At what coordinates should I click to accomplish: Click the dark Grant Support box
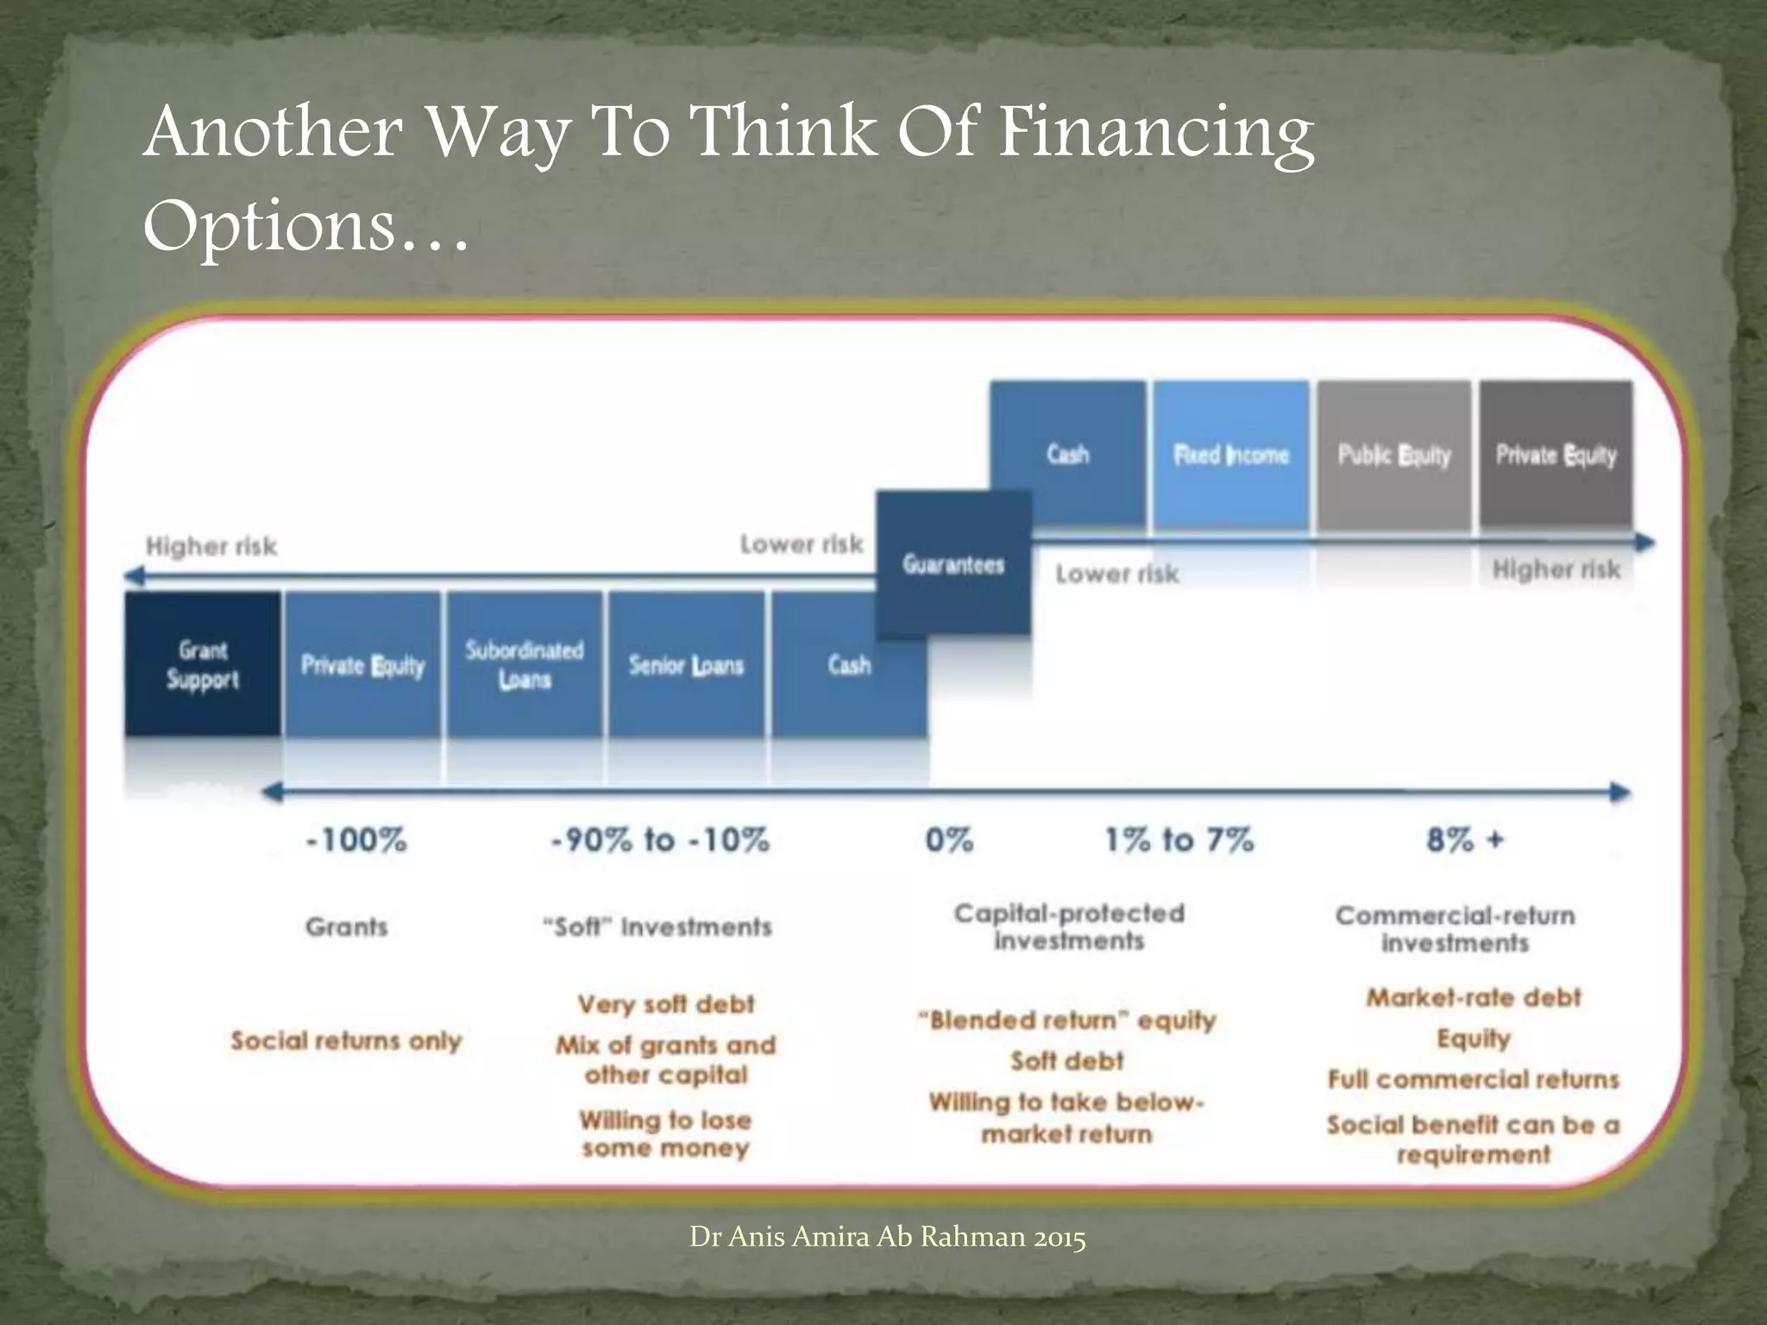coord(202,664)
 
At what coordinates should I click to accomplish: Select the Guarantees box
coord(953,564)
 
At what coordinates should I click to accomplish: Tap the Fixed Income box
coord(1231,455)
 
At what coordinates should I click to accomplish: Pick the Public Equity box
coord(1394,455)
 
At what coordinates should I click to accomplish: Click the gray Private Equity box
coord(1556,455)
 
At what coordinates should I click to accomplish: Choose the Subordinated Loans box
coord(524,664)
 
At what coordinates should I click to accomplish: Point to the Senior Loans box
coord(686,664)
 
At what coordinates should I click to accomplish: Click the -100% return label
coord(356,839)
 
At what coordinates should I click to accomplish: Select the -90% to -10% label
coord(660,839)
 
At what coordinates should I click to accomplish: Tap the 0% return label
coord(949,839)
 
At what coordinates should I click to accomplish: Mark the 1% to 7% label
coord(1179,839)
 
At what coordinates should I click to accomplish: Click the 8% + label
coord(1464,839)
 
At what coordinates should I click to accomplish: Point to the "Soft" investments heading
coord(657,927)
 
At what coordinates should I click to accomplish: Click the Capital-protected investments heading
coord(1069,926)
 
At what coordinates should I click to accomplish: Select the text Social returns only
coord(346,1040)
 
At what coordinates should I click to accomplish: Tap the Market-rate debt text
coord(1473,998)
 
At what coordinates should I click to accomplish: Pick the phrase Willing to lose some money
coord(665,1133)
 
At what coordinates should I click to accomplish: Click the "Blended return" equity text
coord(1067,1020)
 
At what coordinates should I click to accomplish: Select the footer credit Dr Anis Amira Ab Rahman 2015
coord(887,1237)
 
